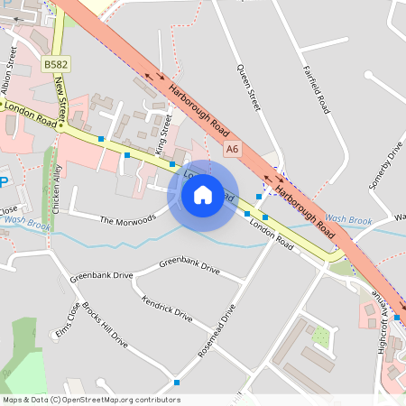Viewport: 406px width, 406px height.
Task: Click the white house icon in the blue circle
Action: point(202,194)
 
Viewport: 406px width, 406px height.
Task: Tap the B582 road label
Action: point(55,65)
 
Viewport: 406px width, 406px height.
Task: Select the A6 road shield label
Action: point(234,148)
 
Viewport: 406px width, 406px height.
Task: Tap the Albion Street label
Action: point(11,72)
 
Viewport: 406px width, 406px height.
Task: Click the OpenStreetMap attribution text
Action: point(90,399)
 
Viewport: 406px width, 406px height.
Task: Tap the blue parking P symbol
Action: point(3,182)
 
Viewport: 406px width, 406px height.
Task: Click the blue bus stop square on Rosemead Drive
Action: point(177,383)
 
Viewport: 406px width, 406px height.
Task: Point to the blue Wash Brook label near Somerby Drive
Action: point(348,219)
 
